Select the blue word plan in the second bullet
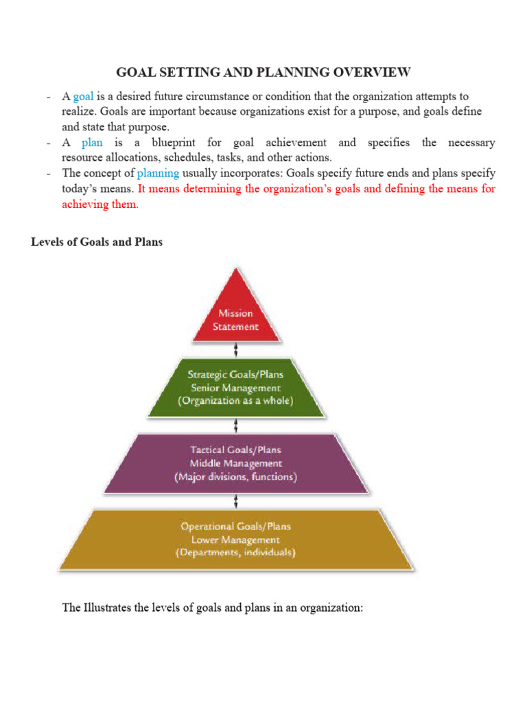pyautogui.click(x=92, y=143)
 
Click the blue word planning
pyautogui.click(x=159, y=173)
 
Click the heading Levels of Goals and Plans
pyautogui.click(x=97, y=242)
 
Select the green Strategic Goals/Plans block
pyautogui.click(x=236, y=389)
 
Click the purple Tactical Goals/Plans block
pyautogui.click(x=236, y=461)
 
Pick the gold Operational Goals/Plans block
pyautogui.click(x=236, y=539)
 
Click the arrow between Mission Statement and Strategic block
pyautogui.click(x=236, y=350)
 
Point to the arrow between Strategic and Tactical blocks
pyautogui.click(x=236, y=426)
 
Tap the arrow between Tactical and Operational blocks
pyautogui.click(x=236, y=500)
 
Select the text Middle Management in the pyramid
pyautogui.click(x=236, y=463)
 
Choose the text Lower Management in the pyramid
pyautogui.click(x=236, y=540)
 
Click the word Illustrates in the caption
pyautogui.click(x=108, y=608)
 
